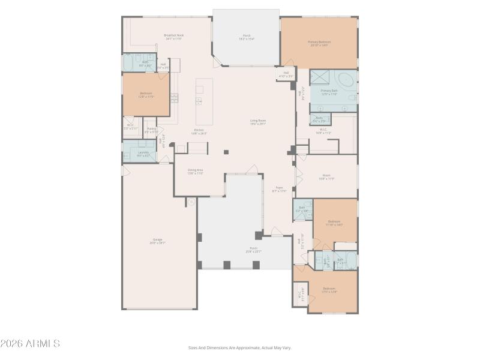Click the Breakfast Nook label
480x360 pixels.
pyautogui.click(x=174, y=35)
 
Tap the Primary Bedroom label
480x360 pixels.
pyautogui.click(x=319, y=42)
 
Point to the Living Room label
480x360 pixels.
pyautogui.click(x=258, y=121)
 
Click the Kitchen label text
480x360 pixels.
pyautogui.click(x=199, y=131)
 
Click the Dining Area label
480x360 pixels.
pyautogui.click(x=196, y=170)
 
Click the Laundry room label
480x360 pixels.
pyautogui.click(x=143, y=152)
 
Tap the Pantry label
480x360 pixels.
pyautogui.click(x=151, y=129)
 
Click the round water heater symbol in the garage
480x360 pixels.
pyautogui.click(x=191, y=202)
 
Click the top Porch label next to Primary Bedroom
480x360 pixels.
pyautogui.click(x=246, y=36)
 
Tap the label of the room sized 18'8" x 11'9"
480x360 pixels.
pyautogui.click(x=326, y=176)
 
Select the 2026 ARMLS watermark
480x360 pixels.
pyautogui.click(x=30, y=344)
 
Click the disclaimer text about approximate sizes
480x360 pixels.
pyautogui.click(x=239, y=347)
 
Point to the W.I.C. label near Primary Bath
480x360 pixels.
pyautogui.click(x=323, y=130)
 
